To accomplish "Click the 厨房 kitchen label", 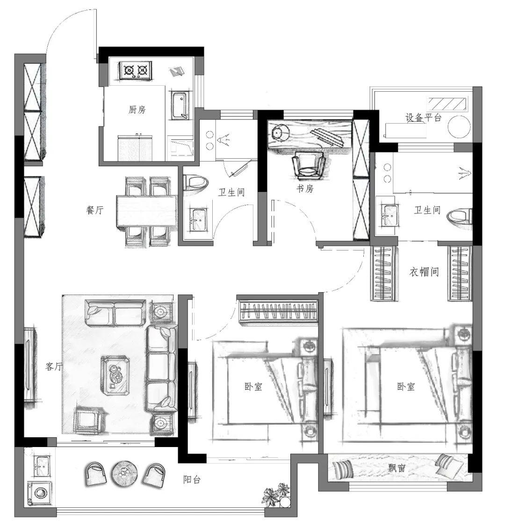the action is coord(137,110).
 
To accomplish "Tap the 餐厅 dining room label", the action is coord(95,211).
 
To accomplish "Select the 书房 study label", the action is coord(305,189).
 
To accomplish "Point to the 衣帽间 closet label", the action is coord(424,272).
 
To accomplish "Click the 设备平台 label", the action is coord(423,117).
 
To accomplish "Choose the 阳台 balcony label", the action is coord(192,479).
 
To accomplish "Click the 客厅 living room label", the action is coord(54,367).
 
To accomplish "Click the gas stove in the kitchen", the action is coord(136,70).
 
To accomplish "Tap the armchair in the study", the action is coord(309,165).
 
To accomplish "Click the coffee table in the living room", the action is coord(116,375).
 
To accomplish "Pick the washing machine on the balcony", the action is coord(40,493).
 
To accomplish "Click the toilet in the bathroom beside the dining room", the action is coord(195,184).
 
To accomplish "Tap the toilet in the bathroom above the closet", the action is coord(460,216).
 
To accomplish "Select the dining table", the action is coord(146,211).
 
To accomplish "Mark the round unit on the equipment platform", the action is coord(459,126).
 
